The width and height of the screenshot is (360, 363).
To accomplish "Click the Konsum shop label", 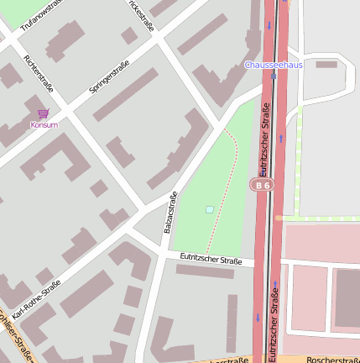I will click(44, 124).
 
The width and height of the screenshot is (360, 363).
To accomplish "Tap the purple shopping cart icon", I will click(44, 113).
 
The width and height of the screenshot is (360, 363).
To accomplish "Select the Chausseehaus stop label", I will click(274, 64).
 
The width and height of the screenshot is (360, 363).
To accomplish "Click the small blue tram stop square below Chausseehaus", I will click(274, 75).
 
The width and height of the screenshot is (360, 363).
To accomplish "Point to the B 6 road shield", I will click(263, 184).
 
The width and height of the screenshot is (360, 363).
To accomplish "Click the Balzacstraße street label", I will click(170, 213).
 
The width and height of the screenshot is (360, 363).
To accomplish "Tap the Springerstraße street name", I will click(108, 76).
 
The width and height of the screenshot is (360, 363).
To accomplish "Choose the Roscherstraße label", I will click(332, 360).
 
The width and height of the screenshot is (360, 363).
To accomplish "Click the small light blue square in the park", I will click(209, 209).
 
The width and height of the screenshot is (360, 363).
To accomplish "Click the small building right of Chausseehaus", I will click(326, 64).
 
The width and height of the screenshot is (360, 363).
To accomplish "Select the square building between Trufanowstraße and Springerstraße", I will click(128, 35).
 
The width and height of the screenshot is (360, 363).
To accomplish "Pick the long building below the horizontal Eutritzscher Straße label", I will click(205, 271).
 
